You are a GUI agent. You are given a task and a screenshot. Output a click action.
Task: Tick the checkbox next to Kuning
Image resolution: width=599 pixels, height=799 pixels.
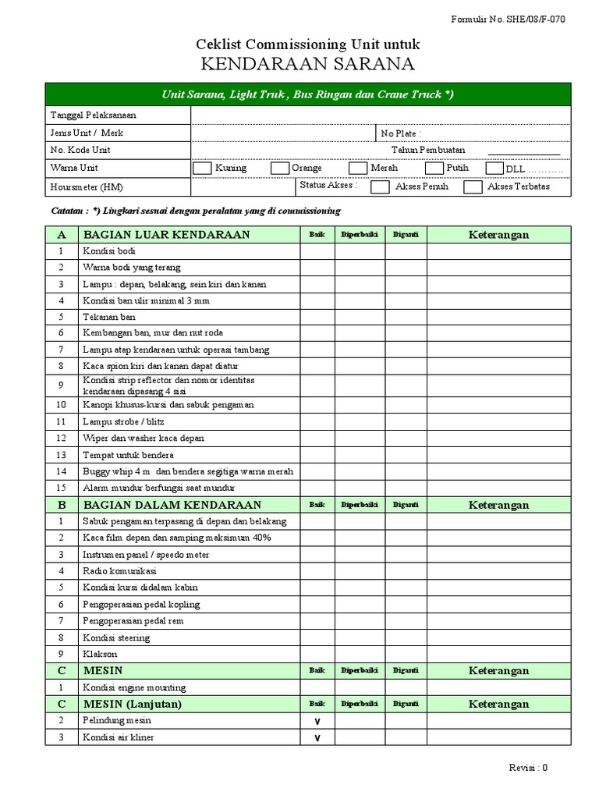coord(202,168)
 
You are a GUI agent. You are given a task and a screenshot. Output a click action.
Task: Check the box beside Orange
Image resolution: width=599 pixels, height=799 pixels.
coord(280,168)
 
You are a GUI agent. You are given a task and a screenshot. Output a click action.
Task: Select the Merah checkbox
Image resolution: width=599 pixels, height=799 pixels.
coord(357,168)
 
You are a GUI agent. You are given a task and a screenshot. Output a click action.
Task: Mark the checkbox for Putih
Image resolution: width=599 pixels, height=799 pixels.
coord(434,168)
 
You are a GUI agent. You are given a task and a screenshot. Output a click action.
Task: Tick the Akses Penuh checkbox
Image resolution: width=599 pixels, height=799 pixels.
coord(381,186)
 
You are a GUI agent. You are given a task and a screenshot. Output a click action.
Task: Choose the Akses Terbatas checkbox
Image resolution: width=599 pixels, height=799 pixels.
coord(473,186)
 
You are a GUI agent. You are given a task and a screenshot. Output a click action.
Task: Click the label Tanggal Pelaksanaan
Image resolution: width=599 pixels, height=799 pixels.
coord(88,115)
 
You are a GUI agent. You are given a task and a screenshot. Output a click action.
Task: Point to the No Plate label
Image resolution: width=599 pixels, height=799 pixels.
coord(400,133)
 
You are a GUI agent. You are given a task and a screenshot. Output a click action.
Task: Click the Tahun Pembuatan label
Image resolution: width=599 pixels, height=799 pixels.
coord(428,150)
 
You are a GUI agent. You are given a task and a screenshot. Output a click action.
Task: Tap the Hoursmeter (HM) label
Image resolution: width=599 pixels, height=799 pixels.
coord(87,187)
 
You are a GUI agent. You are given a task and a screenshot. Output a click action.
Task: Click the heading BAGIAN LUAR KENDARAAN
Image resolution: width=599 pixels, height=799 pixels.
coord(166,234)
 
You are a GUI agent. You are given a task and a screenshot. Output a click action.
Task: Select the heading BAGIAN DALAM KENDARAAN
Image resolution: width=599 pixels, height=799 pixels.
coord(172,505)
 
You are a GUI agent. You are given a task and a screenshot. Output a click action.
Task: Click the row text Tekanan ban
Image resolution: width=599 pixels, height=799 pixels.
coord(109,317)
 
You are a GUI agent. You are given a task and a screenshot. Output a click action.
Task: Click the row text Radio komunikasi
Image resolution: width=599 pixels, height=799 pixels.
coord(119,571)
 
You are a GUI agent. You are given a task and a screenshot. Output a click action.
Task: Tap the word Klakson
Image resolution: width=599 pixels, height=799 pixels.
coord(100,654)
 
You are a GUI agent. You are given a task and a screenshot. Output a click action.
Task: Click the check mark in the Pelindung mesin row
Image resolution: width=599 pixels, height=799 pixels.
coord(317,722)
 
